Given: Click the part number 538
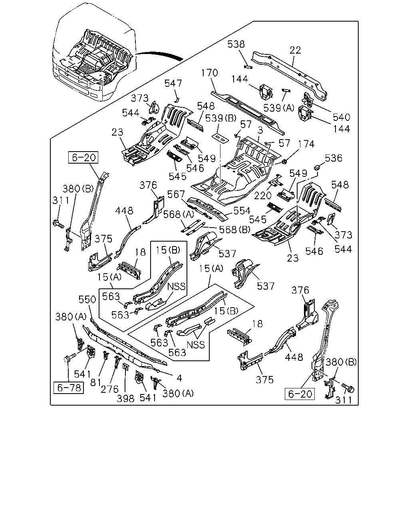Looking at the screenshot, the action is (x=236, y=44).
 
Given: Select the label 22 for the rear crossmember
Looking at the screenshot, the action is (x=295, y=50).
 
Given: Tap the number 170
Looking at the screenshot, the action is (x=209, y=73).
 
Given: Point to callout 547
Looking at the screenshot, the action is (x=173, y=84).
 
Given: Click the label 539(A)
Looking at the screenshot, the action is (x=279, y=108).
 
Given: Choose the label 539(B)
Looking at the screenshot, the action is (x=221, y=118).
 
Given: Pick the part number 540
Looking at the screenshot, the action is (x=341, y=117).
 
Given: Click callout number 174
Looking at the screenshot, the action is (x=306, y=144).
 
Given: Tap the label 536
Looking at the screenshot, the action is (x=334, y=158).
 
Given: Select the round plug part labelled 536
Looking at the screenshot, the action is (x=317, y=167).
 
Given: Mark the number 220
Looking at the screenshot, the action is (x=263, y=196).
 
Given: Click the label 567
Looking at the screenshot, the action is (x=176, y=194).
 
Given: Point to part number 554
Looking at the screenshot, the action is (x=242, y=211).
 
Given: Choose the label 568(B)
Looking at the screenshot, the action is (x=234, y=230).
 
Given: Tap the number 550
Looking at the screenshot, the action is (x=87, y=300).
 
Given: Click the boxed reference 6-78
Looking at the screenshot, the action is (x=69, y=388).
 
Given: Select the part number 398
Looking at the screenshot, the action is (x=125, y=398).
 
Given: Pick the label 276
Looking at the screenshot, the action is (x=109, y=390).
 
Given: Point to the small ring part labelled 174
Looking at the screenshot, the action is (x=284, y=162).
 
